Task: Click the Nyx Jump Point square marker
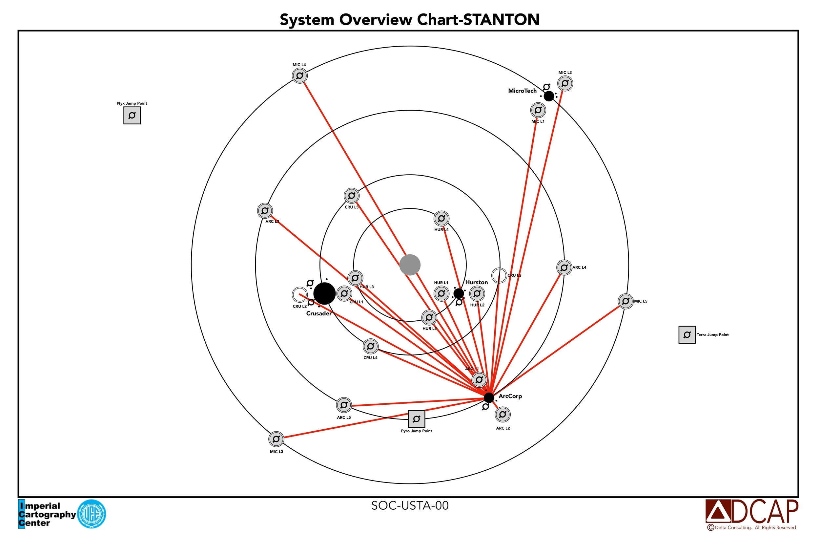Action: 132,116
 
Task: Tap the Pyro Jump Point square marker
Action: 416,419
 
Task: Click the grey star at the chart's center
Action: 410,265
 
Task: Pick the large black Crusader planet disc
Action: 324,293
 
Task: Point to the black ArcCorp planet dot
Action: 488,397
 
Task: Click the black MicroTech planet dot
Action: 548,96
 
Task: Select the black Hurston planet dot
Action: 458,293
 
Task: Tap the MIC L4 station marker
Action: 299,75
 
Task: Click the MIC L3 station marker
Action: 276,439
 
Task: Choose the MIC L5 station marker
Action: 625,301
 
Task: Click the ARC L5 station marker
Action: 343,405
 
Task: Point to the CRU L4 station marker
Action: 370,346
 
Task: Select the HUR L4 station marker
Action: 441,218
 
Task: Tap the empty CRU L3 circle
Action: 499,275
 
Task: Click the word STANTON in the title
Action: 501,19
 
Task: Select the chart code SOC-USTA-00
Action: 410,505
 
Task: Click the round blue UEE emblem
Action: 91,514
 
